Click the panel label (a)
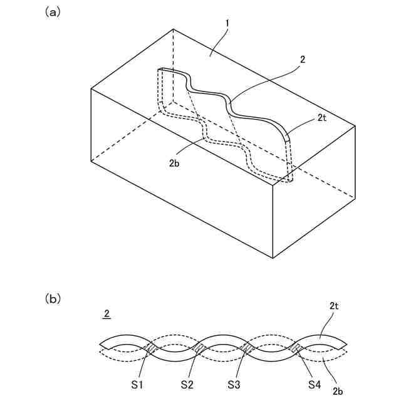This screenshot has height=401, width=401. [x=53, y=11]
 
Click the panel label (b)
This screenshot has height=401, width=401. [x=53, y=299]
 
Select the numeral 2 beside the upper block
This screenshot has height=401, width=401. [x=303, y=60]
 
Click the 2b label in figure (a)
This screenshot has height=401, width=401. [x=175, y=163]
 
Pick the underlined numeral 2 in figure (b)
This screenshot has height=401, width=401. [x=107, y=313]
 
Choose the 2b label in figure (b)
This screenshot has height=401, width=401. [x=339, y=390]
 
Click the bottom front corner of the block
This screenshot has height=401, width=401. [x=273, y=258]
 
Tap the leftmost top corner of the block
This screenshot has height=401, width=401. [x=91, y=88]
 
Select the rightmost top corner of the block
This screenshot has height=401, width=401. [x=355, y=124]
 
